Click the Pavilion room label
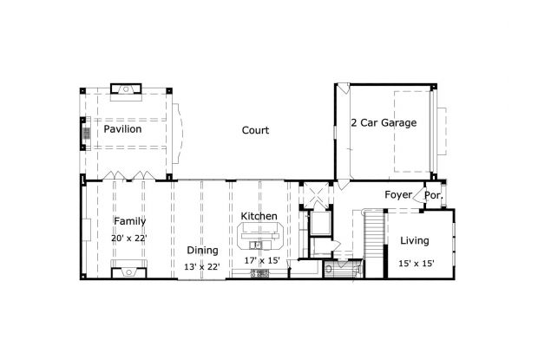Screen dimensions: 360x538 coord(122,129)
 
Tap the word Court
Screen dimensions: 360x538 coord(254,130)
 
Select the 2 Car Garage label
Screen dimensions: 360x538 coord(384,123)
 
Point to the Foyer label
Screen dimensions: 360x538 coord(398,195)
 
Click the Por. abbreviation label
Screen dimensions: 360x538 coord(433,196)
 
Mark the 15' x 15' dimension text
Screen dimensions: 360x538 coord(417,263)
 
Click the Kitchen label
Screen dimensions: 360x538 coord(259,216)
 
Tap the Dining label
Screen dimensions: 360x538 coord(202,250)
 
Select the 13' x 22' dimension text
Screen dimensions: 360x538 coord(203,266)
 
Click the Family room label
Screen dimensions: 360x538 coord(129,221)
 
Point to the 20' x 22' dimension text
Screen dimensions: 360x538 coord(129,238)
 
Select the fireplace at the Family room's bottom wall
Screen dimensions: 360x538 coord(128,269)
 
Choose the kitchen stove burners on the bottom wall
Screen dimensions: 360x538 coord(259,274)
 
